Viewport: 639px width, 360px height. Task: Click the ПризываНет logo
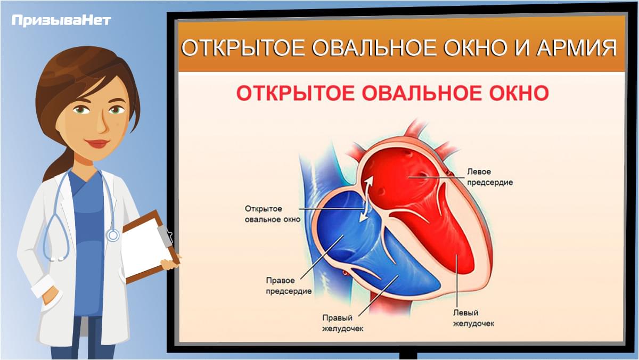pyautogui.click(x=61, y=21)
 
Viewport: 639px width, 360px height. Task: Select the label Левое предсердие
pyautogui.click(x=490, y=177)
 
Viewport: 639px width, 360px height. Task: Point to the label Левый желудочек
pyautogui.click(x=474, y=318)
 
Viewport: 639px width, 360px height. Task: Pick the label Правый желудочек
pyautogui.click(x=342, y=323)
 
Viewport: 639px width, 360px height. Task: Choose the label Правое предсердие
pyautogui.click(x=289, y=286)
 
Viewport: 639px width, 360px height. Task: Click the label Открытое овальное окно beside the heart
pyautogui.click(x=273, y=214)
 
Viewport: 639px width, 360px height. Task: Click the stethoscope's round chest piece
pyautogui.click(x=113, y=235)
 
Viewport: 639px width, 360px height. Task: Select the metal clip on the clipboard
pyautogui.click(x=166, y=236)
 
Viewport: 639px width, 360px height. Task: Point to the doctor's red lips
pyautogui.click(x=97, y=143)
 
